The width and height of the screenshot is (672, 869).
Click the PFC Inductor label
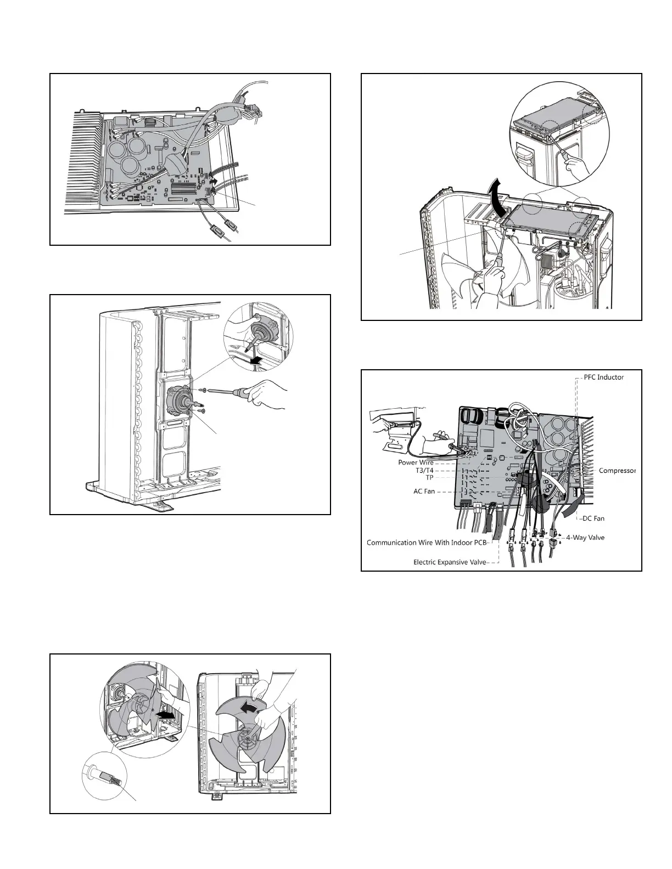[603, 377]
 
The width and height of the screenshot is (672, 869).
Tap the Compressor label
[617, 471]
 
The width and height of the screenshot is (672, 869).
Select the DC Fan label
[593, 518]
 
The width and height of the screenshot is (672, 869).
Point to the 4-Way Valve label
[585, 538]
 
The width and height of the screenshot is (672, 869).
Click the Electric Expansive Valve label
[450, 562]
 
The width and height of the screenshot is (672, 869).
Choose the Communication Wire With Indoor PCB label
[427, 543]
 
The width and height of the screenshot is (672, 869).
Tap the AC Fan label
[424, 491]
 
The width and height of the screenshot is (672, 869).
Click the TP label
[429, 477]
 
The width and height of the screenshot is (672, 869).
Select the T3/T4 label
[424, 470]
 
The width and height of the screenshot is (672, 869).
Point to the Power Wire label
[416, 462]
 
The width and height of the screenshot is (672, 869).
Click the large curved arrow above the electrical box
[496, 195]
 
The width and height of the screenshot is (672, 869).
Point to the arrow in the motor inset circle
[256, 360]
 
